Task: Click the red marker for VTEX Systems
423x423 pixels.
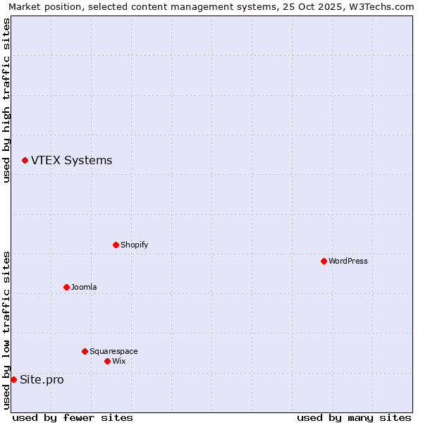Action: coord(25,161)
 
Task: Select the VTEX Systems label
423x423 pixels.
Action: coord(71,161)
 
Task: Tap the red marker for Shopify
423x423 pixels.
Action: coord(116,245)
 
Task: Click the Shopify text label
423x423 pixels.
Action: coord(134,245)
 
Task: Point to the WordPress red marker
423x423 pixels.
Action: coord(324,261)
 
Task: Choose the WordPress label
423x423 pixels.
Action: coord(348,261)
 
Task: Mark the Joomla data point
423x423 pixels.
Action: coord(66,287)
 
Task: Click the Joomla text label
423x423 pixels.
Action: coord(84,287)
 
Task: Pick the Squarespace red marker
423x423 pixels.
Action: coord(85,351)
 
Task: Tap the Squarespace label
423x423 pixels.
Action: coord(114,351)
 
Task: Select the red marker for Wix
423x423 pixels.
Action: coord(107,361)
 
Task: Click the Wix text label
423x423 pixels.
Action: coord(118,361)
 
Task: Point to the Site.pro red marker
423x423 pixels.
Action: coord(13,379)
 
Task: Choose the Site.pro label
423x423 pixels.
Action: coord(42,379)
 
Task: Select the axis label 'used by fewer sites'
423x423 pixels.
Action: coord(73,417)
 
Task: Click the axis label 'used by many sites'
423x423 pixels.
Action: coord(354,417)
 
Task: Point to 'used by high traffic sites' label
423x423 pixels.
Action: coord(6,100)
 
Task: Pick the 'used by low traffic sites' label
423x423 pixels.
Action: coord(6,330)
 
